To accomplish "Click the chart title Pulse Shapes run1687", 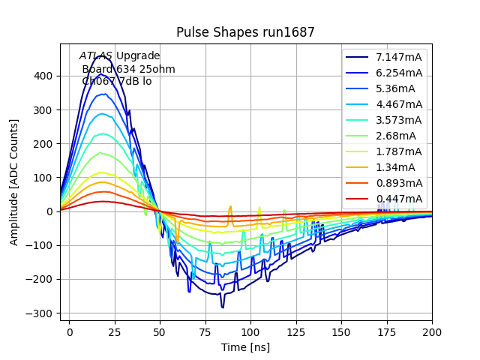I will click(245, 32).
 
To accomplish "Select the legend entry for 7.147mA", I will click(399, 57).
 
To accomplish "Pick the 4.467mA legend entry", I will click(399, 104).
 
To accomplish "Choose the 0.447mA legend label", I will click(399, 199).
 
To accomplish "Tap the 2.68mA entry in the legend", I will click(396, 136).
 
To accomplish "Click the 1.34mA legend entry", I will click(396, 167).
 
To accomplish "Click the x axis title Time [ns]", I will click(245, 347).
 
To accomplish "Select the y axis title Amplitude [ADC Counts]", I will click(14, 182).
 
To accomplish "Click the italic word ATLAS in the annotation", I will click(96, 55).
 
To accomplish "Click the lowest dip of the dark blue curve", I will click(223, 307).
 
